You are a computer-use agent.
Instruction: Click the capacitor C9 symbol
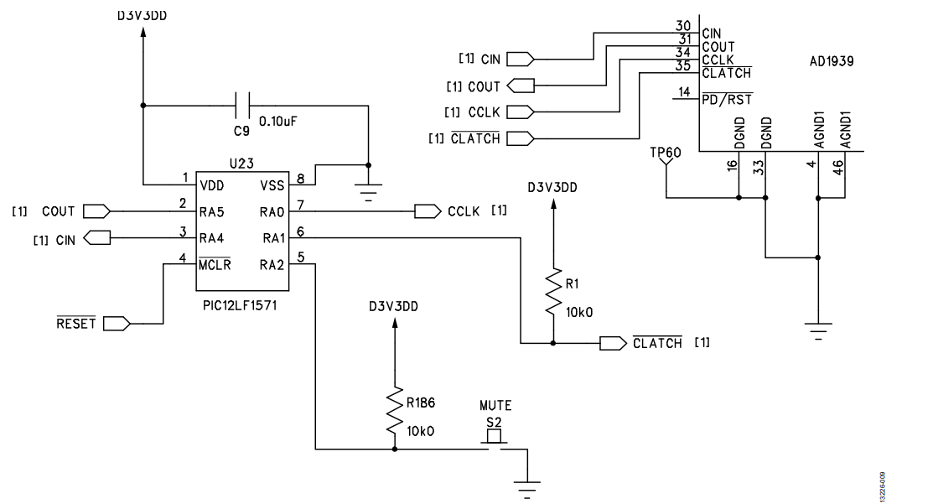point(243,105)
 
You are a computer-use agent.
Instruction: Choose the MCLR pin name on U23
point(215,266)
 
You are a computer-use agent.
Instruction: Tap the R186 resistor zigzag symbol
point(394,409)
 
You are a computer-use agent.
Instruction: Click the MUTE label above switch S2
point(495,406)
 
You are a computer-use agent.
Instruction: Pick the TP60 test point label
point(665,153)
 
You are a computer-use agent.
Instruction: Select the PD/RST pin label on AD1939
point(726,100)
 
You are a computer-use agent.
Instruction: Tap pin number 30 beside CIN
point(683,26)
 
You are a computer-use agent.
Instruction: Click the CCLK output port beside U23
point(428,211)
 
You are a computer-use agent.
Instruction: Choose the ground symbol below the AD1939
point(818,330)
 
